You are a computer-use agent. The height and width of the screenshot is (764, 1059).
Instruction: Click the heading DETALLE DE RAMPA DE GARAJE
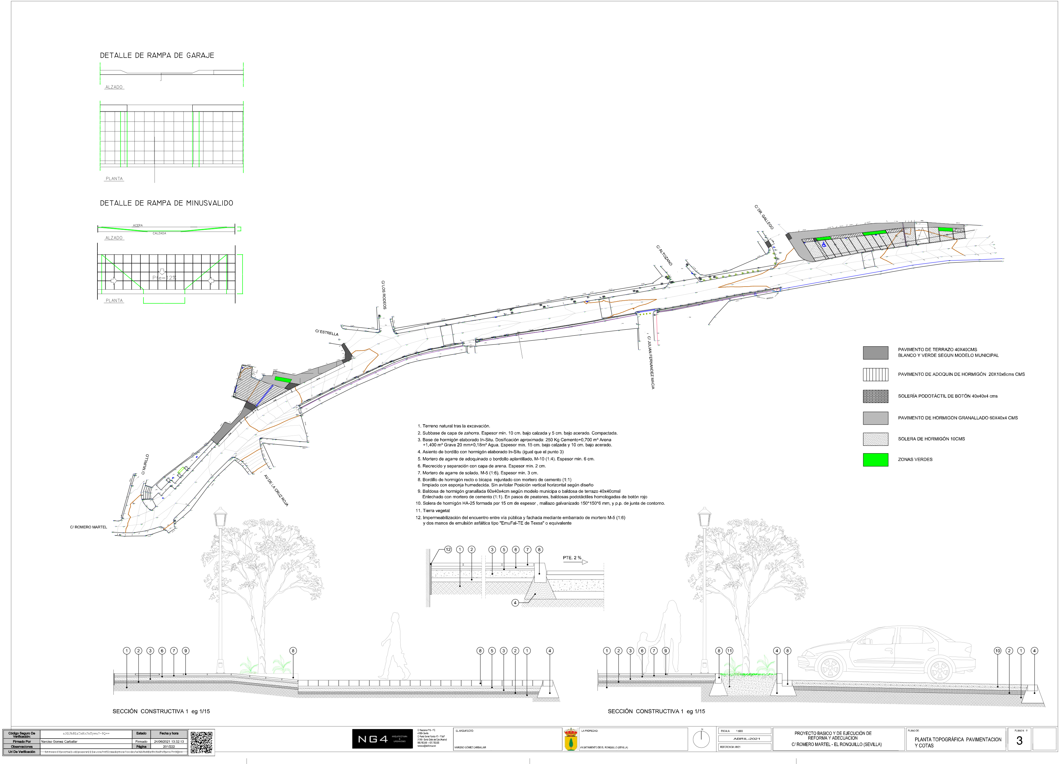(x=157, y=55)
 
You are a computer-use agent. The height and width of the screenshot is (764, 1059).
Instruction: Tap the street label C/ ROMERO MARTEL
(x=89, y=527)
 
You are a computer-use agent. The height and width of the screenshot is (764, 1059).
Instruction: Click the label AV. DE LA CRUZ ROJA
(x=276, y=491)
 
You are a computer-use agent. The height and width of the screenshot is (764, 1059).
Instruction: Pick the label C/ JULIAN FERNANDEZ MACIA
(x=650, y=362)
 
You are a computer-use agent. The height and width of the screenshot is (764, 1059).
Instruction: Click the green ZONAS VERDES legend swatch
(x=875, y=460)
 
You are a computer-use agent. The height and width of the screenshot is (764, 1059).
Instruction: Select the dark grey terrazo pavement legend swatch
(x=875, y=353)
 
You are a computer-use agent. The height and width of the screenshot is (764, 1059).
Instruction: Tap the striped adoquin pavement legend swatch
(x=875, y=374)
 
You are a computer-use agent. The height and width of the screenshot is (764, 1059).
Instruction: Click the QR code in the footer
(x=201, y=742)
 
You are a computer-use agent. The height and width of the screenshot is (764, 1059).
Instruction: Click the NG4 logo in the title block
(x=382, y=739)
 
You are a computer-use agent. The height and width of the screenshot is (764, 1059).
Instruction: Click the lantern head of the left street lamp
(x=220, y=517)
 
